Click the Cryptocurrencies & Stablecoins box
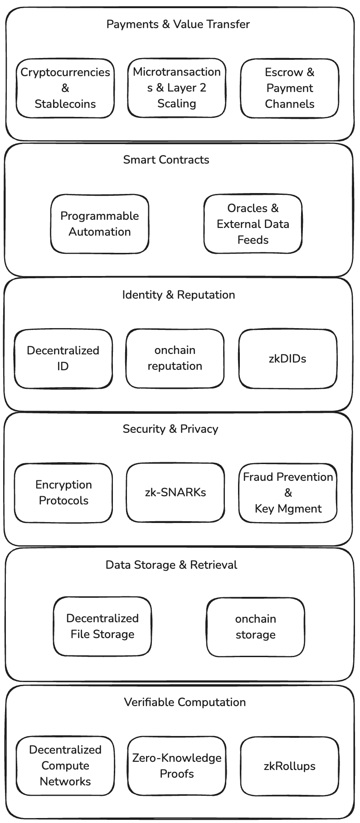pyautogui.click(x=65, y=88)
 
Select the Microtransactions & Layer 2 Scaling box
pyautogui.click(x=177, y=87)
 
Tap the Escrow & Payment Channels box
pyautogui.click(x=290, y=88)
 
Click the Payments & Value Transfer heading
pyautogui.click(x=178, y=24)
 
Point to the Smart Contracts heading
pyautogui.click(x=166, y=160)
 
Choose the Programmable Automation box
pyautogui.click(x=100, y=224)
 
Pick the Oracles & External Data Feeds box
pyautogui.click(x=253, y=224)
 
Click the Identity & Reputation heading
pyautogui.click(x=179, y=295)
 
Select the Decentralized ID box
pyautogui.click(x=63, y=358)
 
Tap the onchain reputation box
pyautogui.click(x=175, y=358)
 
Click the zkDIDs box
pyautogui.click(x=288, y=358)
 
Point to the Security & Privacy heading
pyautogui.click(x=170, y=429)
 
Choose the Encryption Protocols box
pyautogui.click(x=63, y=493)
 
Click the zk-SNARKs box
pyautogui.click(x=175, y=492)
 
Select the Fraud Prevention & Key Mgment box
pyautogui.click(x=288, y=493)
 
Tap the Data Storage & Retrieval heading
pyautogui.click(x=171, y=565)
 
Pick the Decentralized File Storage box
pyautogui.click(x=102, y=626)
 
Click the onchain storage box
pyautogui.click(x=256, y=627)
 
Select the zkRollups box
pyautogui.click(x=290, y=766)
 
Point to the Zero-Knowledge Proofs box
pyautogui.click(x=177, y=765)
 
